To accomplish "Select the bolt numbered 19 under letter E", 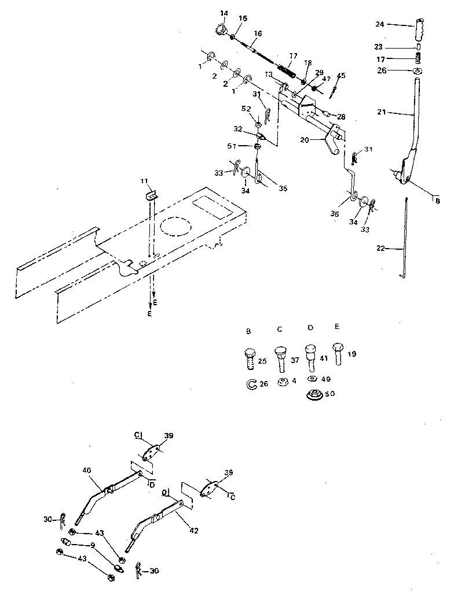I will (339, 354).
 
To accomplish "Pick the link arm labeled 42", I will (156, 517).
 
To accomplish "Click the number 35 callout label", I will (283, 187).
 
